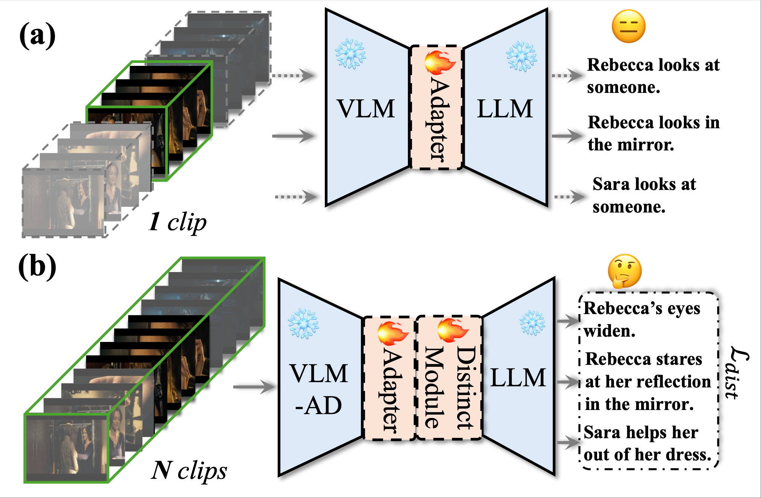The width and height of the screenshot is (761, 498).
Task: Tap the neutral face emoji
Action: click(629, 26)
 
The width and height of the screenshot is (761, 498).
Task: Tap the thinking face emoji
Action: click(625, 271)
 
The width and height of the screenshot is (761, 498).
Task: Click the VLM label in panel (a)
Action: click(366, 109)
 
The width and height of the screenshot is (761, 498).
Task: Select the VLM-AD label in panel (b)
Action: click(319, 389)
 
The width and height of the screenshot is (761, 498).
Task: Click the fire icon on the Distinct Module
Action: click(452, 330)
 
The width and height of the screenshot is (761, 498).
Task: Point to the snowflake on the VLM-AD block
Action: click(303, 323)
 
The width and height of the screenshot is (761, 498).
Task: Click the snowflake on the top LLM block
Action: click(521, 56)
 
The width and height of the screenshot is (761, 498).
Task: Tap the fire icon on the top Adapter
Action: click(440, 63)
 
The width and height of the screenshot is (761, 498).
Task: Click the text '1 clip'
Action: click(177, 222)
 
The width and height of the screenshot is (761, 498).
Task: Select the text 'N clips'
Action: click(189, 470)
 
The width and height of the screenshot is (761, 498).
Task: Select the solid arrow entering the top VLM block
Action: click(293, 135)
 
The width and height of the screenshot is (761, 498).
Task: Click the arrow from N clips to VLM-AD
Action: click(254, 387)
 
